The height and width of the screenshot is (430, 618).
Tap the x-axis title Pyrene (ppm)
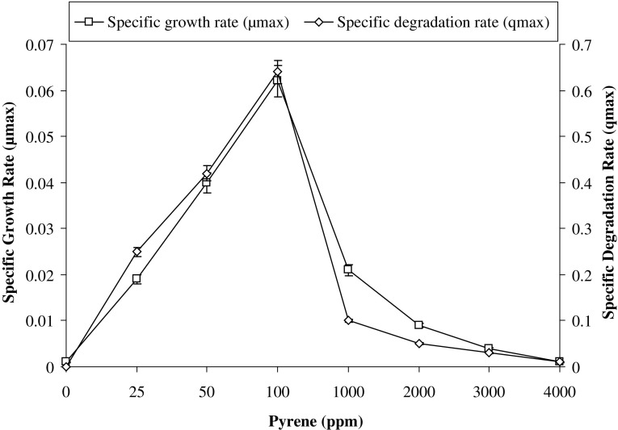[312, 420]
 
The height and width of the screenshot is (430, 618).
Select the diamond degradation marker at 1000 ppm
[348, 320]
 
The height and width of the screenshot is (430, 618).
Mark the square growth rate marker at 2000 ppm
[418, 324]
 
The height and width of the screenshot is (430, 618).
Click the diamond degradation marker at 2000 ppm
[418, 344]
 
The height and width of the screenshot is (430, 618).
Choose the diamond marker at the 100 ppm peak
[278, 72]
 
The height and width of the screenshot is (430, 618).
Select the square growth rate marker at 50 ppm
[207, 183]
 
